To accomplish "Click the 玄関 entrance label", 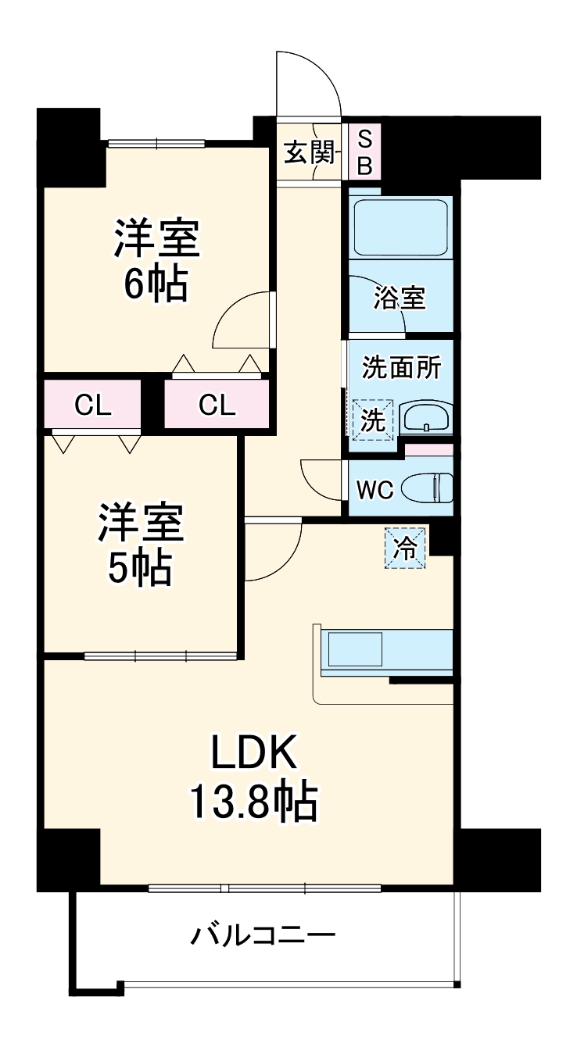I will [309, 152].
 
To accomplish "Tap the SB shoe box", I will [364, 152].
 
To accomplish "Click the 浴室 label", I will [400, 298].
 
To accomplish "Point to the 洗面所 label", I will [400, 368].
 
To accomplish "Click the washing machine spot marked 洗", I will [372, 420].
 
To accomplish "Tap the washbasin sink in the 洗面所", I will [425, 418].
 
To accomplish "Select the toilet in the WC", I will [427, 488].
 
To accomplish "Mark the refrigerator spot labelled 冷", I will [405, 546].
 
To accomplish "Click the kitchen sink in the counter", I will [354, 649].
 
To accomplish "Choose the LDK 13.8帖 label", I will [252, 777].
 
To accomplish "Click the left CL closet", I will [93, 405].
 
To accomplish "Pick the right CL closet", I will [217, 405].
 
